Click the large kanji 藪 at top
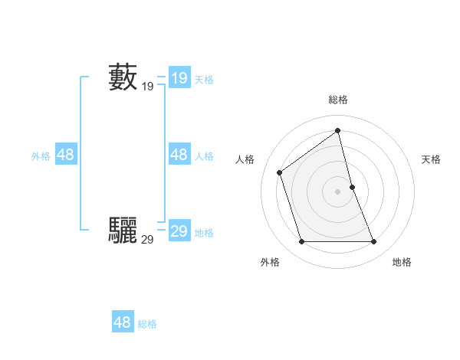pyautogui.click(x=123, y=77)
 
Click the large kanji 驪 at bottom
pyautogui.click(x=123, y=230)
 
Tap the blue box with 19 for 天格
pyautogui.click(x=179, y=77)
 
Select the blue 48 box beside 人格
pyautogui.click(x=179, y=155)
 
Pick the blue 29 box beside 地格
pyautogui.click(x=179, y=231)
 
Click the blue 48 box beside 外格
pyautogui.click(x=66, y=155)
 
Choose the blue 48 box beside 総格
pyautogui.click(x=123, y=322)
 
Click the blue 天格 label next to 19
pyautogui.click(x=204, y=79)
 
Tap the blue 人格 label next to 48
pyautogui.click(x=204, y=156)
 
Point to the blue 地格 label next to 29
pyautogui.click(x=204, y=233)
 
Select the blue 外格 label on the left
pyautogui.click(x=41, y=156)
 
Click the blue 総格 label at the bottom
pyautogui.click(x=147, y=324)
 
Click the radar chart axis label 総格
pyautogui.click(x=338, y=100)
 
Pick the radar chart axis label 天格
pyautogui.click(x=431, y=159)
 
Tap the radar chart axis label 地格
pyautogui.click(x=402, y=262)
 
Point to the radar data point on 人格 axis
pyautogui.click(x=280, y=172)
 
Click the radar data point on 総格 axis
pyautogui.click(x=338, y=130)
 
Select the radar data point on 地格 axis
pyautogui.click(x=374, y=242)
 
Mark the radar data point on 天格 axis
pyautogui.click(x=352, y=186)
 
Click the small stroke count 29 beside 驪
pyautogui.click(x=147, y=240)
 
